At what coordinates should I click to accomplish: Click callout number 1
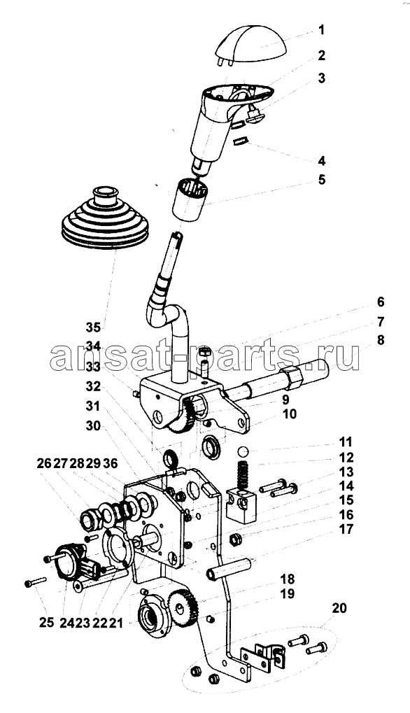pos(321,31)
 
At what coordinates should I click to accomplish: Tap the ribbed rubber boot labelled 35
pos(104,218)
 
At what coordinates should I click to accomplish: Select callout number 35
pos(94,327)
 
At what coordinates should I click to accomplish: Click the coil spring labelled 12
pos(243,474)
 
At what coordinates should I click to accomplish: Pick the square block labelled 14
pos(241,504)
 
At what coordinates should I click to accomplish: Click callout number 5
pos(321,180)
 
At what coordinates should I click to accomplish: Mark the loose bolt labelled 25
pos(35,581)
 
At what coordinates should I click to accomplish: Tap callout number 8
pos(380,339)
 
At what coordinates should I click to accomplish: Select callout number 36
pos(111,463)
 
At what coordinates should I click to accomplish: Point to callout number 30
pos(94,426)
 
